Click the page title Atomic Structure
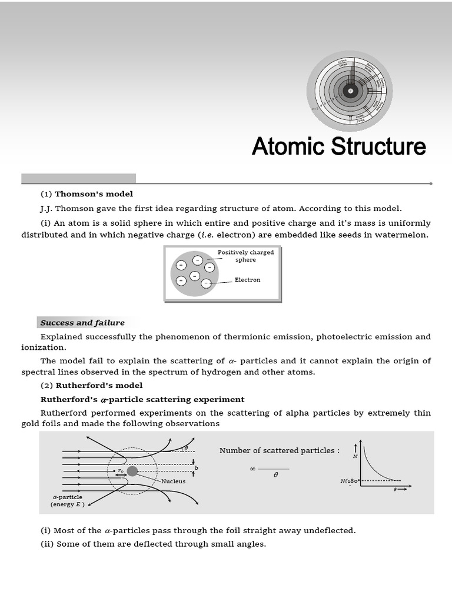point(338,146)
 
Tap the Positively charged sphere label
point(245,256)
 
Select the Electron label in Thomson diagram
point(247,280)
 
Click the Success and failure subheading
point(82,323)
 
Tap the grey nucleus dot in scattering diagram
point(132,471)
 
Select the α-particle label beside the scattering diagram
point(68,497)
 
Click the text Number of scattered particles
point(279,450)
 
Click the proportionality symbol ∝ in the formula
point(252,469)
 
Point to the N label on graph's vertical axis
point(355,456)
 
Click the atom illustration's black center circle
point(350,91)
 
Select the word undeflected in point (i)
point(329,530)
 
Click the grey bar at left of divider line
point(78,178)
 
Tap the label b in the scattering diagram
point(196,468)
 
